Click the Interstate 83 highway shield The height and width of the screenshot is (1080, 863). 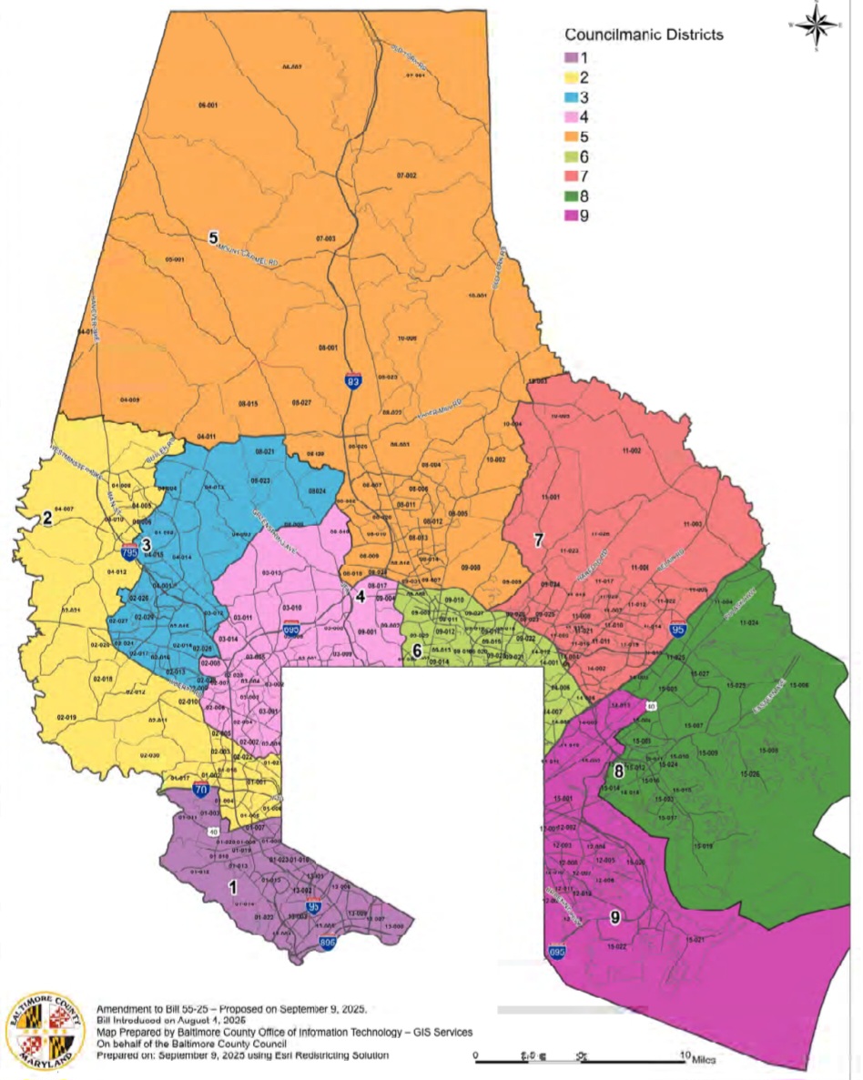tap(352, 381)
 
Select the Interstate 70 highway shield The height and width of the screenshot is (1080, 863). tap(199, 790)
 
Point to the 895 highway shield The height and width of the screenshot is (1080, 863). tap(328, 944)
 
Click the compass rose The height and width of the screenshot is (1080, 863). tap(816, 25)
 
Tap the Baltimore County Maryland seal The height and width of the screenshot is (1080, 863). tap(45, 1032)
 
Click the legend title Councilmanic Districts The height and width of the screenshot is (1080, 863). tap(644, 35)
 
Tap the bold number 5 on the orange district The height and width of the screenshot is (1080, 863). tap(213, 238)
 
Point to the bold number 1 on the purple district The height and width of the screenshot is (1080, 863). tap(233, 884)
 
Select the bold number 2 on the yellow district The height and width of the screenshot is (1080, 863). tap(46, 519)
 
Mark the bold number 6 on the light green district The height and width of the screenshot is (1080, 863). tap(417, 651)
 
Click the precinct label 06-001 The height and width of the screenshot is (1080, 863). tap(208, 106)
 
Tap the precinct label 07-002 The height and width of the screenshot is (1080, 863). tap(406, 175)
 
